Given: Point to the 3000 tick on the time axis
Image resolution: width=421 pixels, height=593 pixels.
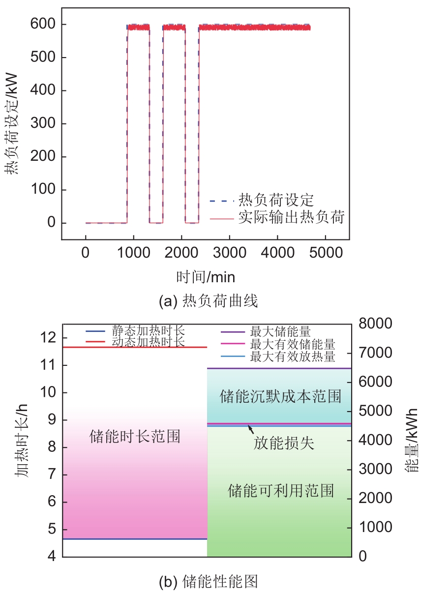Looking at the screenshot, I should (229, 253).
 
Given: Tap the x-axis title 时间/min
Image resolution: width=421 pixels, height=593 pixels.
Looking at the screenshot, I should (206, 277).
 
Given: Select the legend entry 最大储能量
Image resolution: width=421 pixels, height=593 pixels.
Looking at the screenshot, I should (280, 331).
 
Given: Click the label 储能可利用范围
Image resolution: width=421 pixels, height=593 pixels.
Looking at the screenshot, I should (281, 490).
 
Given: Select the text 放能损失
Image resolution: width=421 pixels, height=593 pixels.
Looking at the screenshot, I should (284, 444).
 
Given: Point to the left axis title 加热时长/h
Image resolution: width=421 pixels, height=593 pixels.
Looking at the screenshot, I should (21, 440).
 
